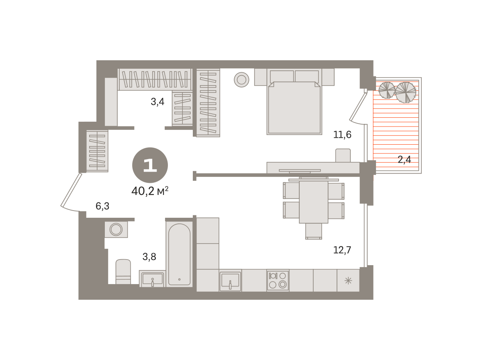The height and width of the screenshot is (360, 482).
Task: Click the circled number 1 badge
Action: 150,165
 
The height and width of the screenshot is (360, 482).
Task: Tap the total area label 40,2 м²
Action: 150,191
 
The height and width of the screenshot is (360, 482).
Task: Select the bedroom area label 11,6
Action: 342,135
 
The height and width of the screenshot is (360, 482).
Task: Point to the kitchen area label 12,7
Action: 342,250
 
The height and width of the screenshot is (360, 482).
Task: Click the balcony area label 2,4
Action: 404,160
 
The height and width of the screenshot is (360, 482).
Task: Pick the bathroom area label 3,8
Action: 149,256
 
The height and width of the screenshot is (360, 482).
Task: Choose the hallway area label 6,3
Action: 102,206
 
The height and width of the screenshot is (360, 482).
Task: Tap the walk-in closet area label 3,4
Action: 157,102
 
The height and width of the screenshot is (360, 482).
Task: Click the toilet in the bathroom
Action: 123,272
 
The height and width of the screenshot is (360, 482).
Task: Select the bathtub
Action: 179,255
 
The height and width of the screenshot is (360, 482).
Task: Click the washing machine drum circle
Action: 116,229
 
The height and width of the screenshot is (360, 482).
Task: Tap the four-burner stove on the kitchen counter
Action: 278,280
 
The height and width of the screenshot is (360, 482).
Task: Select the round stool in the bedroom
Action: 241,80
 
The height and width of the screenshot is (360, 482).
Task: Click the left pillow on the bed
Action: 282,76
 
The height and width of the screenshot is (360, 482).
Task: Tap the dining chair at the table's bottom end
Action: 314,231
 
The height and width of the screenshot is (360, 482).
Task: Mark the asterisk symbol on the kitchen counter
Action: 348,281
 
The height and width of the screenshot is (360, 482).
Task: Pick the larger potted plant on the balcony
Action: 405,92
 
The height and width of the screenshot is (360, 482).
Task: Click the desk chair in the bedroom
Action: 343,155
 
